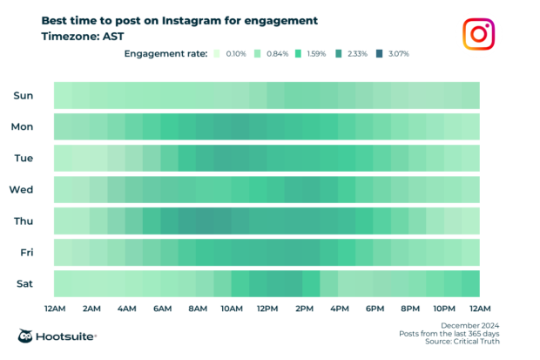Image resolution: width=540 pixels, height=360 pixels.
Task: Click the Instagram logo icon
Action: [478, 34]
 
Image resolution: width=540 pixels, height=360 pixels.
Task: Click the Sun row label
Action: [23, 95]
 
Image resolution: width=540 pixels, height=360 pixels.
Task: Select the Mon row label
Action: [22, 126]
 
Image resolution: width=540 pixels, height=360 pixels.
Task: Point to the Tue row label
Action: [23, 158]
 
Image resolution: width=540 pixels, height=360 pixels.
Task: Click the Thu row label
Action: [23, 221]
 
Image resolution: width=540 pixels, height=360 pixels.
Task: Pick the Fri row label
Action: [24, 252]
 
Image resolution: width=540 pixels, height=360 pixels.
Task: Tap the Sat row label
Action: [24, 283]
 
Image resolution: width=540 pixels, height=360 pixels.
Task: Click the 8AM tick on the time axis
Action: [197, 309]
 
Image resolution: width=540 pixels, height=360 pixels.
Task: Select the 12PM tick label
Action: [267, 309]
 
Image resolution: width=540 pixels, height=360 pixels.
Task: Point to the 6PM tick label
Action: [375, 309]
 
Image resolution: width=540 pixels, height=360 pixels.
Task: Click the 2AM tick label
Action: [91, 309]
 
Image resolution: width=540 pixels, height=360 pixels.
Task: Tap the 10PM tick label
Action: [445, 309]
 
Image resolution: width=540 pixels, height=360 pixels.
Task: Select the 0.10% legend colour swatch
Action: [215, 54]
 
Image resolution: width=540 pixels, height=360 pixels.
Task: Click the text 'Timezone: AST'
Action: [82, 37]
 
